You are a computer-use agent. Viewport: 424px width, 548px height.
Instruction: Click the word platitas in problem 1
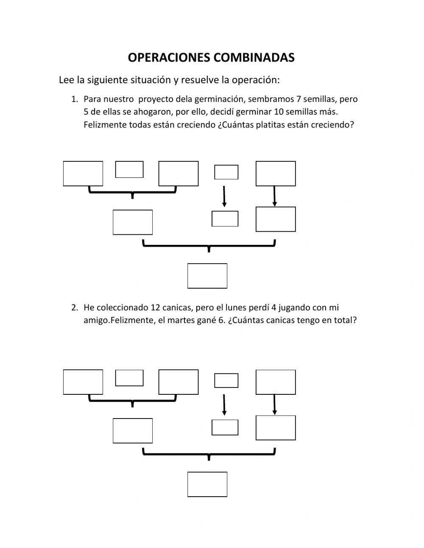[x=271, y=125]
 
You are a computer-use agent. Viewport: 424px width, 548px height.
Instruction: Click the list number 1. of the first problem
[x=75, y=99]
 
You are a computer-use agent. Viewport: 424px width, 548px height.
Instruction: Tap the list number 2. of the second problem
[x=75, y=307]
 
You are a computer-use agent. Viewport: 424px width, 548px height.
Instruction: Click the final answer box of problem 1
[x=207, y=276]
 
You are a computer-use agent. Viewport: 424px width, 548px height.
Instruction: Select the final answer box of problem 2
[x=207, y=484]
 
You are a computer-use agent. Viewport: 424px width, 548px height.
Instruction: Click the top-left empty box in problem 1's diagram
[x=83, y=174]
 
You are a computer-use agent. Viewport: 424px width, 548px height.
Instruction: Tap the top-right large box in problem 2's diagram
[x=276, y=382]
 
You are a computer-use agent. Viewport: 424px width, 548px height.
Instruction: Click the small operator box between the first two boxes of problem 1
[x=129, y=169]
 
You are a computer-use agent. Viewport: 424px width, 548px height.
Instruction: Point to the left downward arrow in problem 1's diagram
[x=224, y=196]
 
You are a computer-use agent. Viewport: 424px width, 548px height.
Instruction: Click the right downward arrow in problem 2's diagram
[x=275, y=405]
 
